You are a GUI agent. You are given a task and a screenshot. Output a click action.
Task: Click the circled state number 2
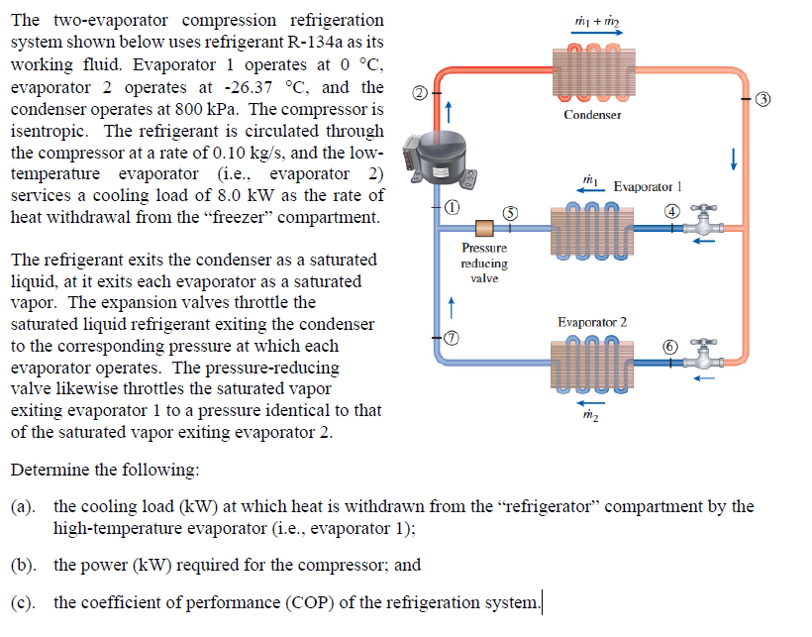(420, 93)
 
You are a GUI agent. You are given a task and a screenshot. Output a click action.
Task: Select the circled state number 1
(451, 208)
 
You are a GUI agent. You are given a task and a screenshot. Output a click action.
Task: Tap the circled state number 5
(510, 211)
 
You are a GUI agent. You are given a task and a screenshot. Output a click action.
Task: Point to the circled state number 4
(672, 210)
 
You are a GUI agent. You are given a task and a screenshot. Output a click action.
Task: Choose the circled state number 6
(672, 346)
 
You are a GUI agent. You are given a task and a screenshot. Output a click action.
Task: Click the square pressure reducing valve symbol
(484, 228)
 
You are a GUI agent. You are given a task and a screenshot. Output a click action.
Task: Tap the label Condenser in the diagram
(592, 115)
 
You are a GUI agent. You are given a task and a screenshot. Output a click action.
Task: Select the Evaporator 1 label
(649, 186)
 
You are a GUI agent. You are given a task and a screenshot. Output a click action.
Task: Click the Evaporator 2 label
(592, 323)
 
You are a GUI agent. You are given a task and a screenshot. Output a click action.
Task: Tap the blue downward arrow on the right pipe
(733, 159)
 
